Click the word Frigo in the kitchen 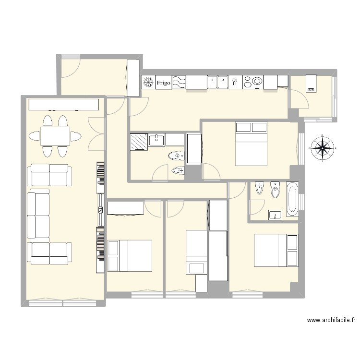pos(164,83)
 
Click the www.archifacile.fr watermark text pos(331,321)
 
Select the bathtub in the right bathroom pos(292,199)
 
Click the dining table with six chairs pos(55,136)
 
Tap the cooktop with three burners pos(253,83)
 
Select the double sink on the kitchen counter pos(218,83)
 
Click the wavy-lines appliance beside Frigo pos(179,83)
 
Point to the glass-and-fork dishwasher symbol pos(235,83)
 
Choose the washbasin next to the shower pos(157,140)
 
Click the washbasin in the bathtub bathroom pos(275,214)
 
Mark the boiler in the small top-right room pos(311,83)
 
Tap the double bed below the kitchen pos(251,144)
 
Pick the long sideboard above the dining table pos(64,105)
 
